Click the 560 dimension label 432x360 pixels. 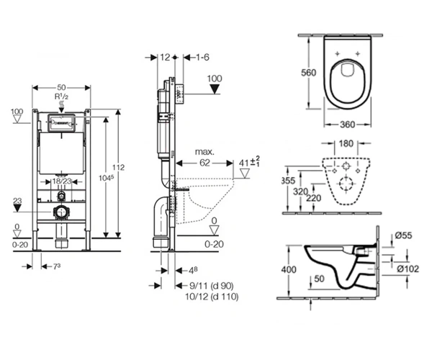click(x=308, y=73)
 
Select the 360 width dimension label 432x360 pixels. click(x=347, y=125)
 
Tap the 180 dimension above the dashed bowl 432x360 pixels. click(x=346, y=143)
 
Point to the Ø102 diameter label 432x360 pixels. click(x=408, y=269)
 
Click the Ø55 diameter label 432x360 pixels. click(x=403, y=235)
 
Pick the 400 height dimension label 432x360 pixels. click(x=289, y=269)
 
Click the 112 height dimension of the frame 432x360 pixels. click(x=118, y=167)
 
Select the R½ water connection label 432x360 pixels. click(x=61, y=96)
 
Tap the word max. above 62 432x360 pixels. click(x=204, y=152)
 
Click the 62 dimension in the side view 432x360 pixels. click(x=204, y=163)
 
